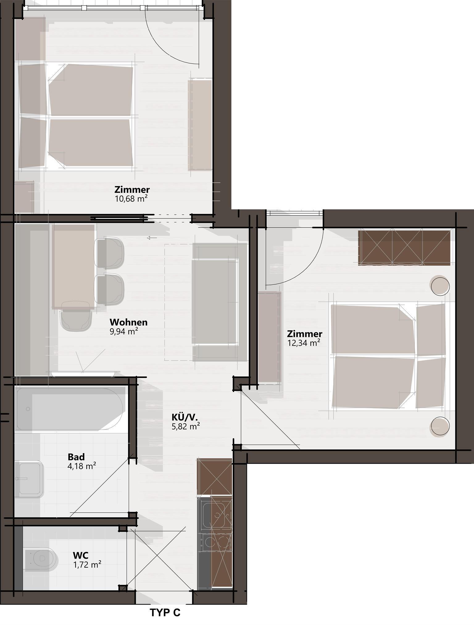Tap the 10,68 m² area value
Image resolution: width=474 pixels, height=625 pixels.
131,198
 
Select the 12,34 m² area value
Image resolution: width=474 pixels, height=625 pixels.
304,343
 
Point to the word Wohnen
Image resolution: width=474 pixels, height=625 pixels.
129,322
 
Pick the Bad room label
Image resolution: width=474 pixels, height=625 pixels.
76,457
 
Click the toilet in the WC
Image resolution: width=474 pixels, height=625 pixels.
41,558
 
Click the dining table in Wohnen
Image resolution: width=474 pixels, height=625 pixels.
73,267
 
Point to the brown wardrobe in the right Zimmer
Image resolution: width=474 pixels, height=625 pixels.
404,247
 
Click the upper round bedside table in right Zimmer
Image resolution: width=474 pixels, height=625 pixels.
440,286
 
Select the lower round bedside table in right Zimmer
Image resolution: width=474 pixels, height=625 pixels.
440,427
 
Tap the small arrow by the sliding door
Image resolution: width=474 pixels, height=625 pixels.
152,238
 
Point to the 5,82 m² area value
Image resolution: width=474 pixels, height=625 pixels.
186,426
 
